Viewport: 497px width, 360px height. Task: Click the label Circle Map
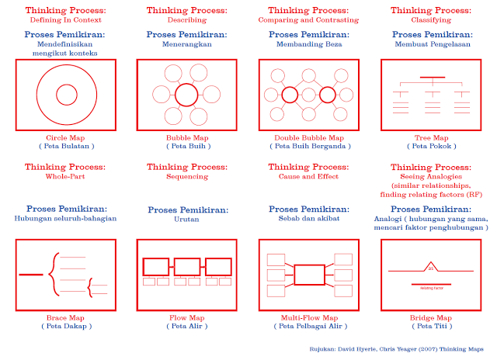pyautogui.click(x=65, y=137)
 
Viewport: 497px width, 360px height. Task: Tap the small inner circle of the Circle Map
pyautogui.click(x=66, y=95)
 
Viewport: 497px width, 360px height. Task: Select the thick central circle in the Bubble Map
pyautogui.click(x=186, y=95)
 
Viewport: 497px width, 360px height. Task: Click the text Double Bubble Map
pyautogui.click(x=309, y=137)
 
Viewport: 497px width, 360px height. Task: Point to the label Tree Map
pyautogui.click(x=431, y=137)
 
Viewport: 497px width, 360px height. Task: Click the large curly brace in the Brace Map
pyautogui.click(x=50, y=274)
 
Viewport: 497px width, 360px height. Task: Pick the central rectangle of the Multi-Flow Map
pyautogui.click(x=309, y=275)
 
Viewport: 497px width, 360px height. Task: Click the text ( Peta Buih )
pyautogui.click(x=186, y=145)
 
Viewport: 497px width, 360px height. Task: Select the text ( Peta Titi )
pyautogui.click(x=432, y=326)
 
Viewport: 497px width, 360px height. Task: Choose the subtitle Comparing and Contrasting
pyautogui.click(x=310, y=19)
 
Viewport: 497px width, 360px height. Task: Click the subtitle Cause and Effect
pyautogui.click(x=309, y=176)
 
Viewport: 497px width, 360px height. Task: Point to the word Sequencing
pyautogui.click(x=186, y=176)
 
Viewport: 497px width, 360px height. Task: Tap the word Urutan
pyautogui.click(x=186, y=220)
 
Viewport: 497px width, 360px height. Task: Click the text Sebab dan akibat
pyautogui.click(x=309, y=220)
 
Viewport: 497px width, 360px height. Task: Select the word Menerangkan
pyautogui.click(x=186, y=44)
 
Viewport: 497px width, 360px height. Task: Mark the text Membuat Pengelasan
pyautogui.click(x=431, y=44)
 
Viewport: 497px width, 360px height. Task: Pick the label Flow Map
pyautogui.click(x=186, y=317)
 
